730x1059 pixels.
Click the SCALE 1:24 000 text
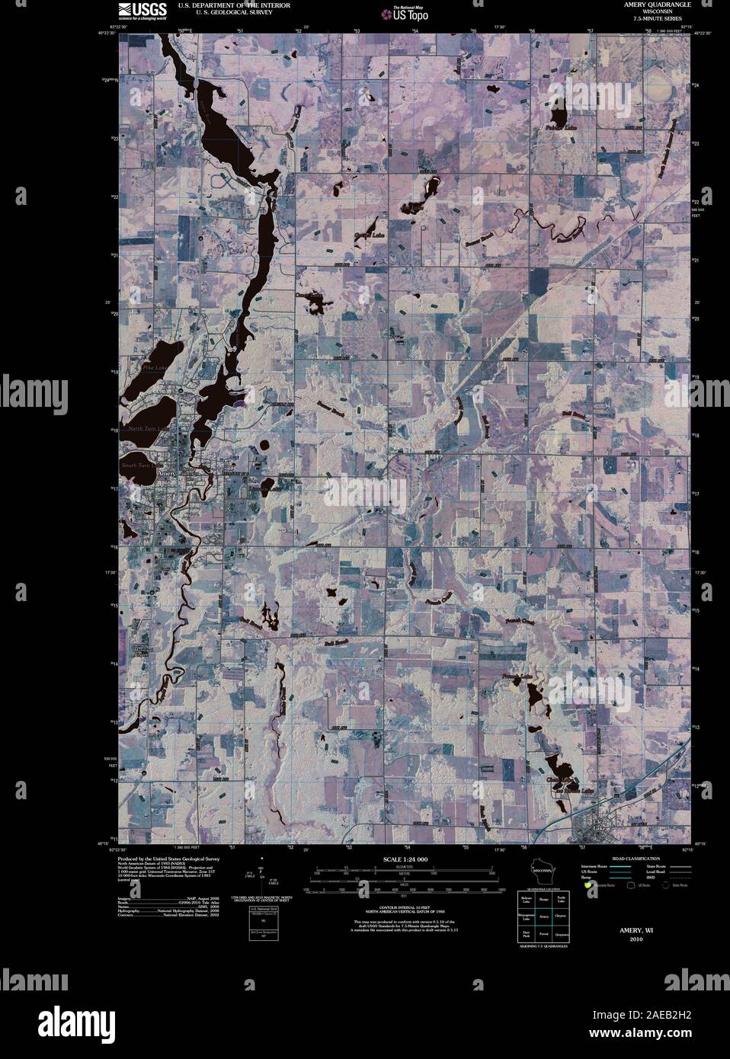[x=405, y=859]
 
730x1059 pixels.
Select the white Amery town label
[x=165, y=473]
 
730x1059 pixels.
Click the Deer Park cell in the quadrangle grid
[x=526, y=933]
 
